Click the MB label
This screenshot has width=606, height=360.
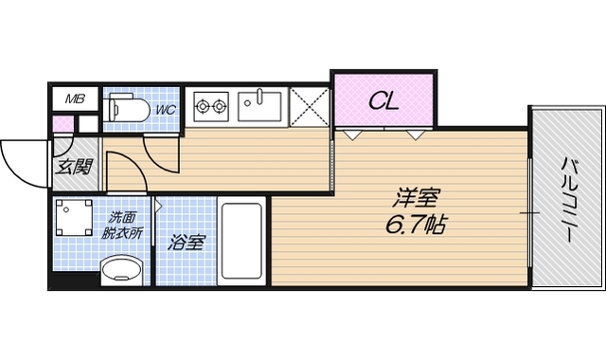pos(73,99)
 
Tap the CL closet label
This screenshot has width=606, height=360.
pos(383,99)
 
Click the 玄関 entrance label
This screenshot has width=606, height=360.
pos(73,168)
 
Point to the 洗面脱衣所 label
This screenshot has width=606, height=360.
pos(123,225)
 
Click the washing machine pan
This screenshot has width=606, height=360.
pos(73,221)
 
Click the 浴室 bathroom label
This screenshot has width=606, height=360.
pos(186,243)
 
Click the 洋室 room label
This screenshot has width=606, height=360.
pos(417,200)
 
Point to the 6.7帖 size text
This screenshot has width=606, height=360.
pos(417,226)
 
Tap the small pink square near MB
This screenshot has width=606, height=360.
pos(62,123)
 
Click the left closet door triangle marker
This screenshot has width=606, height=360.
pos(351,135)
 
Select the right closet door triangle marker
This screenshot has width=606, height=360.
pos(416,135)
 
